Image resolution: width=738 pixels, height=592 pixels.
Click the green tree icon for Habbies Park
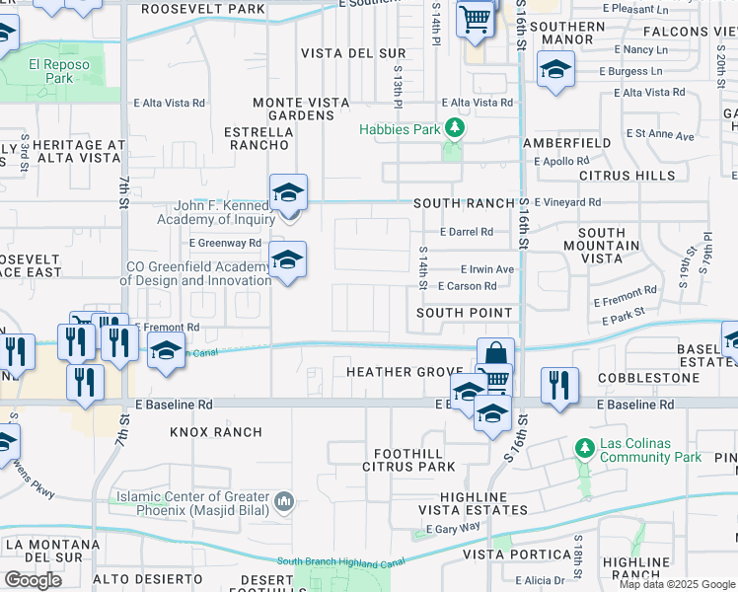coord(453,128)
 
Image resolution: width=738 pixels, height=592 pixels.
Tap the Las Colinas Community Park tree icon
coord(585,449)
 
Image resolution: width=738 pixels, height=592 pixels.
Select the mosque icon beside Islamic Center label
coord(285,502)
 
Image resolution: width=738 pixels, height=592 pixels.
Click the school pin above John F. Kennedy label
coord(288,190)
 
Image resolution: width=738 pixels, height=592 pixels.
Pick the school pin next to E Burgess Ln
coord(555,69)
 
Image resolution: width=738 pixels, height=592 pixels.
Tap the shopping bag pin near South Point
coord(495,354)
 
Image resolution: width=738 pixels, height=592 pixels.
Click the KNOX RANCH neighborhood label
coord(216,432)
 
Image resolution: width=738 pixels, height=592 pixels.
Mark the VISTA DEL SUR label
coord(339,52)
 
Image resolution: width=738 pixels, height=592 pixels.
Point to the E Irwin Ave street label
coord(487,269)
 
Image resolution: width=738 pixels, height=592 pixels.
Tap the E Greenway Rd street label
coord(226,243)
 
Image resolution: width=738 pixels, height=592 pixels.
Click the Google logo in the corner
coord(34,580)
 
